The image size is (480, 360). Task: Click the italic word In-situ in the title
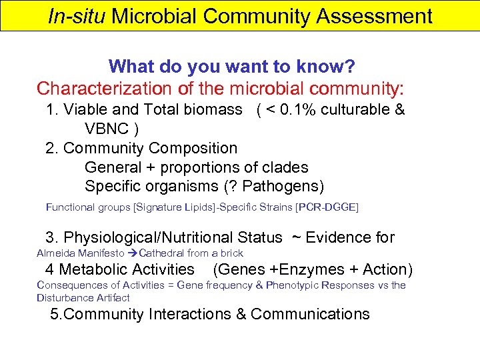[x=77, y=16]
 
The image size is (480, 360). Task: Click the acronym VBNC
[x=106, y=128]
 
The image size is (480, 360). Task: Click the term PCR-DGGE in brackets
[x=327, y=207]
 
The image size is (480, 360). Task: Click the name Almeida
[x=56, y=253]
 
